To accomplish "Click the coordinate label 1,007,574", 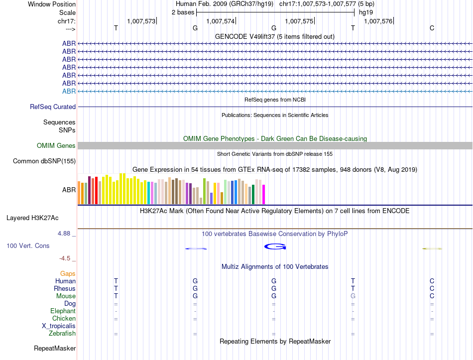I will coord(220,21).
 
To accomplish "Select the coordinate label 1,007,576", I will coord(378,21).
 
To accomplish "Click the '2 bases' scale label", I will coord(183,12).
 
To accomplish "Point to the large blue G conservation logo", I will coord(275,246).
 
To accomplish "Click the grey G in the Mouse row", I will coord(353,296).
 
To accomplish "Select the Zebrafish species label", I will coord(62,333).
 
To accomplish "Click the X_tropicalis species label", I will coord(59,326).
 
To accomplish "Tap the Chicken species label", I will coord(64,318).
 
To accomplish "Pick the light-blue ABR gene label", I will coord(69,91).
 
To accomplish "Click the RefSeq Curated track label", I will coord(53,107).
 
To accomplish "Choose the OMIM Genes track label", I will coord(56,145).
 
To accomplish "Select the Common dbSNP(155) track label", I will coord(44,161).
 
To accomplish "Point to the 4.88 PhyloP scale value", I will coord(65,233).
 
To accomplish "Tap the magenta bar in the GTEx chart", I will coord(264,194).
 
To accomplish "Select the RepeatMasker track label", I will coord(55,348).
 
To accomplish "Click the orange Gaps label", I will coord(68,273).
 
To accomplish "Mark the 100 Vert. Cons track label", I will coord(28,245).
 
